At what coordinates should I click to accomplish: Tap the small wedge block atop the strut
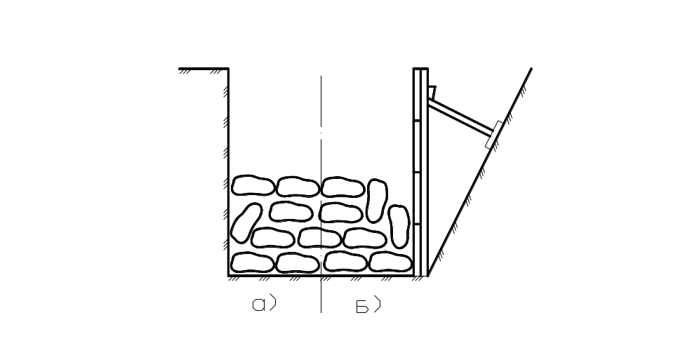pos(432,91)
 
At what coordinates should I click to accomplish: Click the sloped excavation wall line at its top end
pos(530,69)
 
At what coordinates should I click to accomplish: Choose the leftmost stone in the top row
pos(253,185)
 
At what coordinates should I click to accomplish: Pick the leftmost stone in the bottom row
pos(253,262)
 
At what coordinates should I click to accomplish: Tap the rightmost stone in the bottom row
pos(390,262)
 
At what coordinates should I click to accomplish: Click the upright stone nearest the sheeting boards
pos(399,226)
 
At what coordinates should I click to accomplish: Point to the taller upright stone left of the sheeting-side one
pos(377,200)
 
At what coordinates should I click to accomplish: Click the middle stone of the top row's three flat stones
pos(298,186)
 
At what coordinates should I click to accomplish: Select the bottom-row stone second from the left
pos(298,263)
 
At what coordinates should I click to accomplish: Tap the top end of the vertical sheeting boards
pos(420,69)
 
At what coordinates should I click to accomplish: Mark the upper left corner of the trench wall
pos(229,69)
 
